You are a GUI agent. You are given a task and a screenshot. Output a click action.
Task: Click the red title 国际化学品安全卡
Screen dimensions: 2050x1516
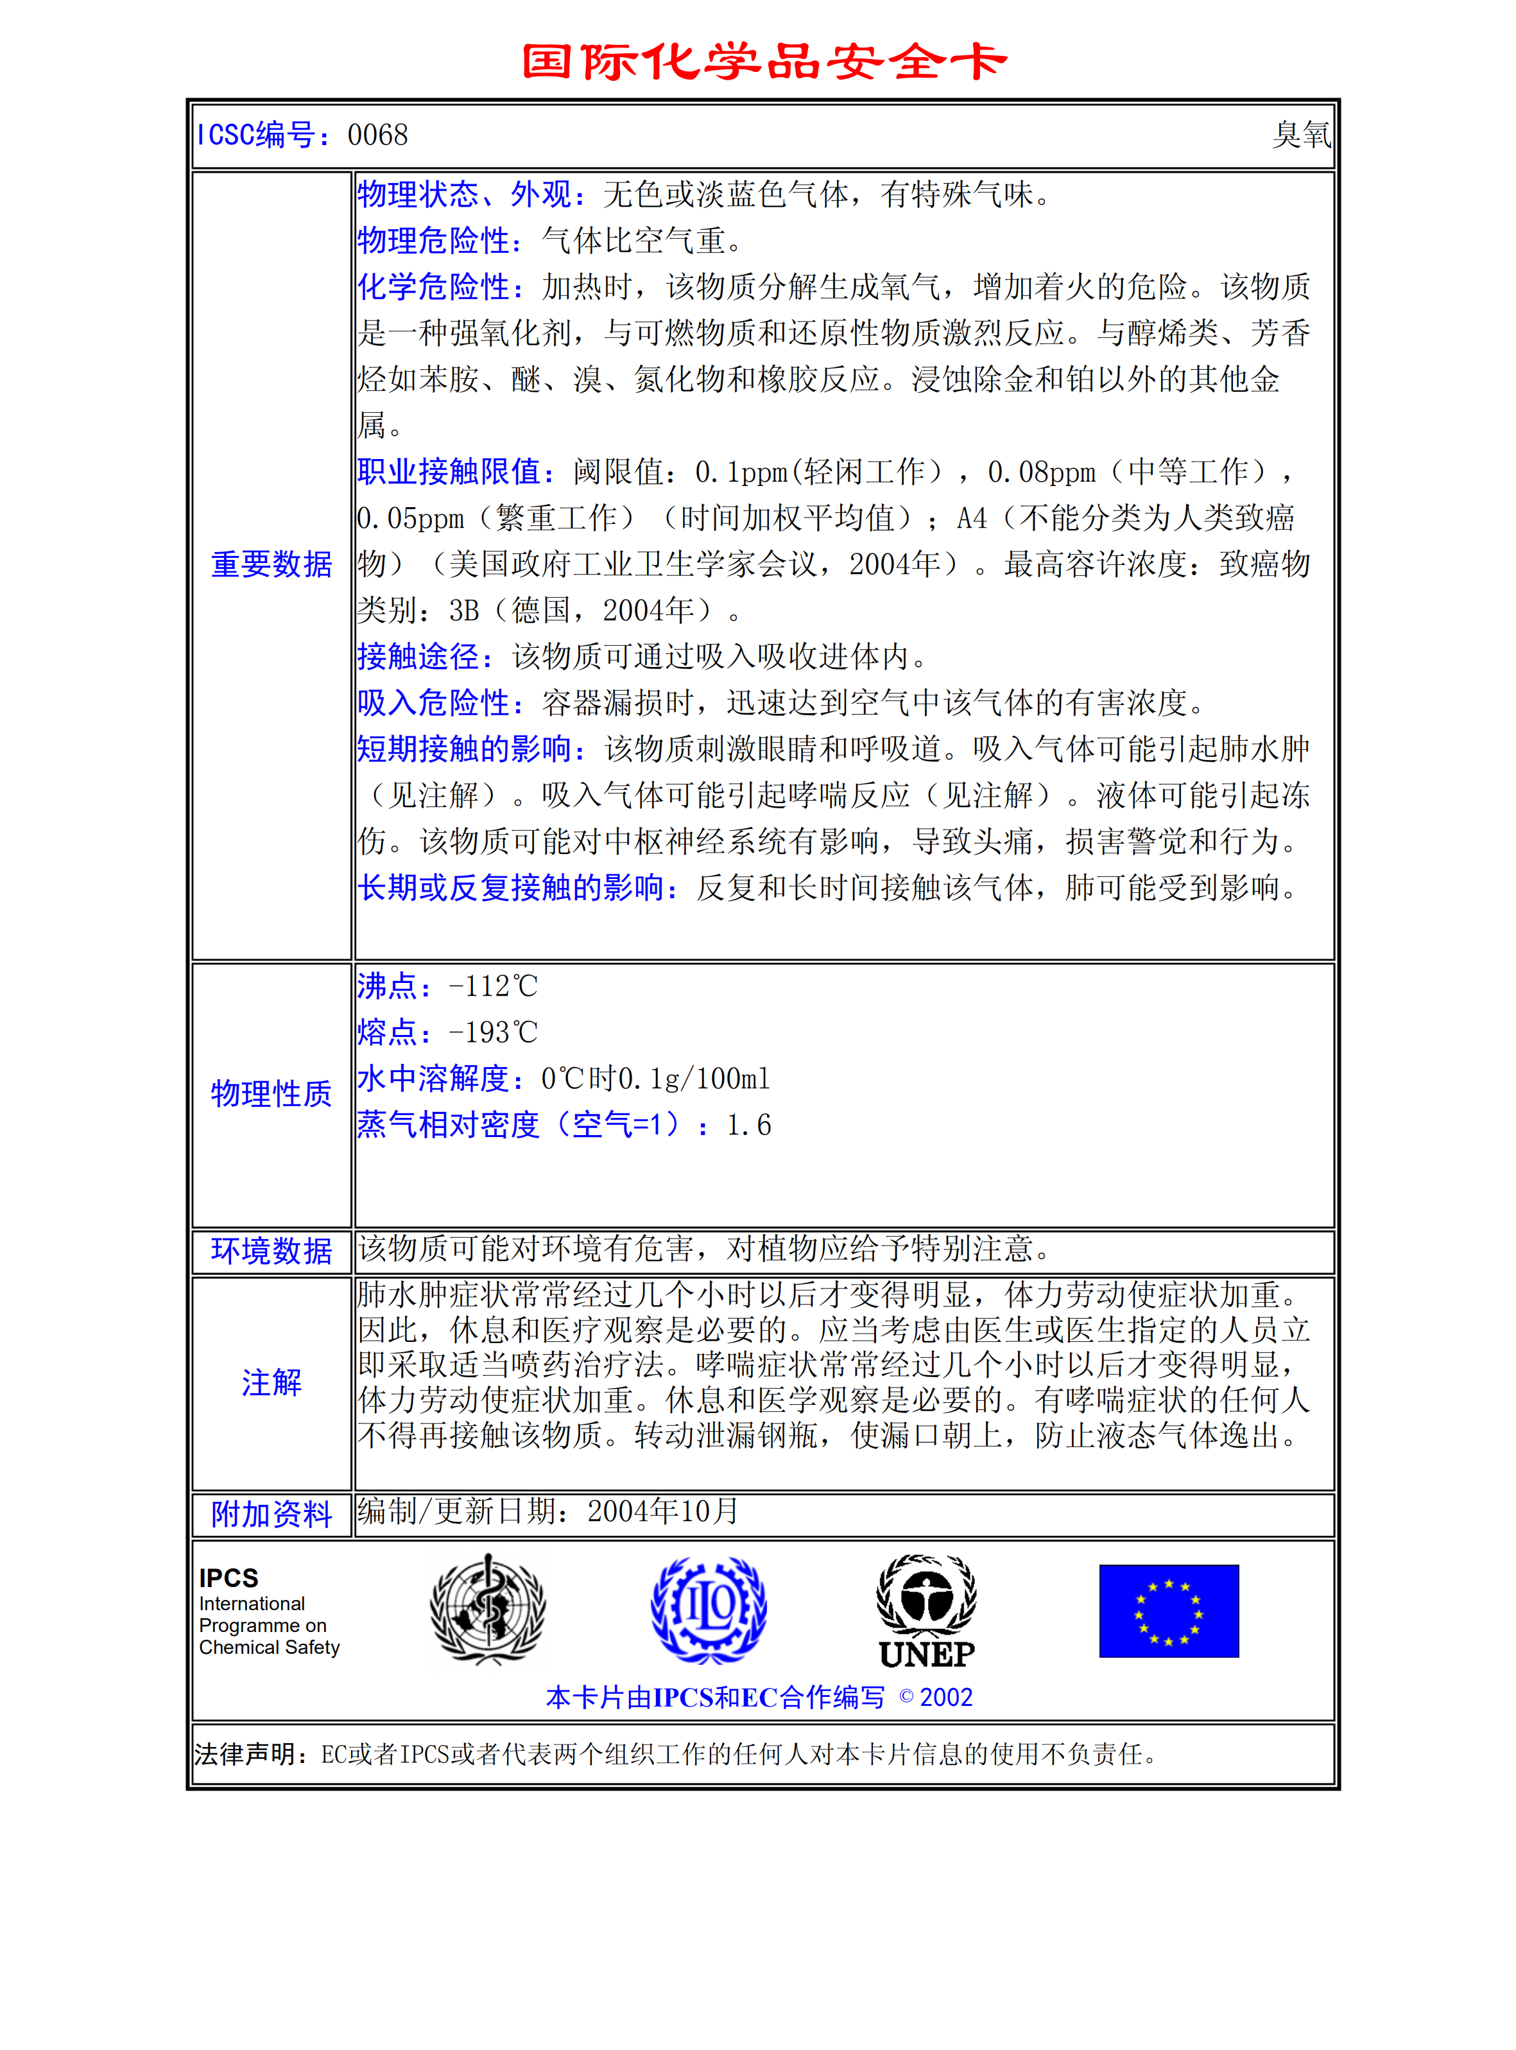click(x=764, y=62)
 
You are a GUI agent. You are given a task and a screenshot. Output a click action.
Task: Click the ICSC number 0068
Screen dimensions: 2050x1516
click(x=377, y=135)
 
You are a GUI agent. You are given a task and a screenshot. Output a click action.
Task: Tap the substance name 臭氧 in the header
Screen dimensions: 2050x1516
click(x=1300, y=135)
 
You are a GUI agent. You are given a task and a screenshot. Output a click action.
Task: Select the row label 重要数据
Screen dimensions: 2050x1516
click(x=271, y=564)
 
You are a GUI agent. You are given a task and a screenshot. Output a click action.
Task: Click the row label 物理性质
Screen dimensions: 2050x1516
click(x=271, y=1093)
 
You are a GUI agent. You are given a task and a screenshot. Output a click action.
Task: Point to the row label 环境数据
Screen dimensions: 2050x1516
click(x=271, y=1251)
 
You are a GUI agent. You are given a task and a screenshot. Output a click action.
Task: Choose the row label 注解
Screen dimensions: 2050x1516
click(x=271, y=1382)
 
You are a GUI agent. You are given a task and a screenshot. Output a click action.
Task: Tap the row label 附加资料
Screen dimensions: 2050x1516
click(x=271, y=1514)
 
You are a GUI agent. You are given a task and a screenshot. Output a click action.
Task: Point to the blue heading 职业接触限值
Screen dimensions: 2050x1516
click(x=454, y=472)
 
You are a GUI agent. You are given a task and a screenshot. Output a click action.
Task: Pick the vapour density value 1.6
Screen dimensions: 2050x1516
click(x=749, y=1125)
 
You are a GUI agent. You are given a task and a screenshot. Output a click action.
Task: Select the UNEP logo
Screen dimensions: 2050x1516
click(x=927, y=1611)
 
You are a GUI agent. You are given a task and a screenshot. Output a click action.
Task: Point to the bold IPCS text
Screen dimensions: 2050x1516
click(x=228, y=1577)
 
